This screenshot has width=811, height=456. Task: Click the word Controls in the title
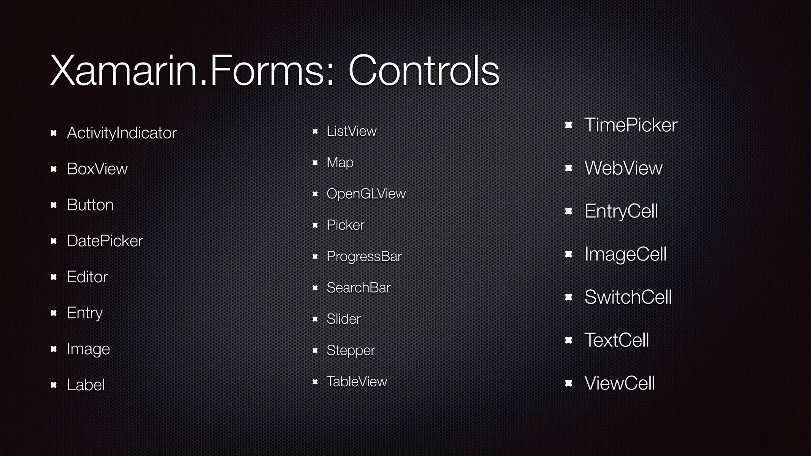[x=423, y=71]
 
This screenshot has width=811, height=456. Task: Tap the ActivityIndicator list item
[x=122, y=133]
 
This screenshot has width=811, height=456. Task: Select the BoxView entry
[x=97, y=169]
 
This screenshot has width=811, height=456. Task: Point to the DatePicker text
[x=105, y=241]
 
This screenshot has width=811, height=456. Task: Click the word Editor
[x=87, y=277]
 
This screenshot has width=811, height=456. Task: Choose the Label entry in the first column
[x=86, y=385]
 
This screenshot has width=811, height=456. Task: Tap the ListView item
[x=351, y=131]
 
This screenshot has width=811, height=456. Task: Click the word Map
[x=340, y=163]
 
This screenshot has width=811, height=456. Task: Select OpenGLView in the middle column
[x=366, y=194]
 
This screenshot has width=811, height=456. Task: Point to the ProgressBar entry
[x=364, y=256]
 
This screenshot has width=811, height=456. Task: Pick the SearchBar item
[x=358, y=288]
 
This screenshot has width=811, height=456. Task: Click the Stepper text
[x=350, y=350]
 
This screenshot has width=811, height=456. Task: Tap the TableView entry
[x=356, y=382]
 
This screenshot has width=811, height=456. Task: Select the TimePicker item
[x=630, y=125]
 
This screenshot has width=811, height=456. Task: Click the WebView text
[x=623, y=168]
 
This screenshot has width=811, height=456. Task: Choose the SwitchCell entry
[x=628, y=297]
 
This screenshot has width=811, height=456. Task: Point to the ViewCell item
[x=619, y=383]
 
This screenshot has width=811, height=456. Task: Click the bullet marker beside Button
[x=54, y=205]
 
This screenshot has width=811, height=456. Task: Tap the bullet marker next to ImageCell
[x=569, y=254]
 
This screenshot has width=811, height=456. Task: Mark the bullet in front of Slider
[x=315, y=319]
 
